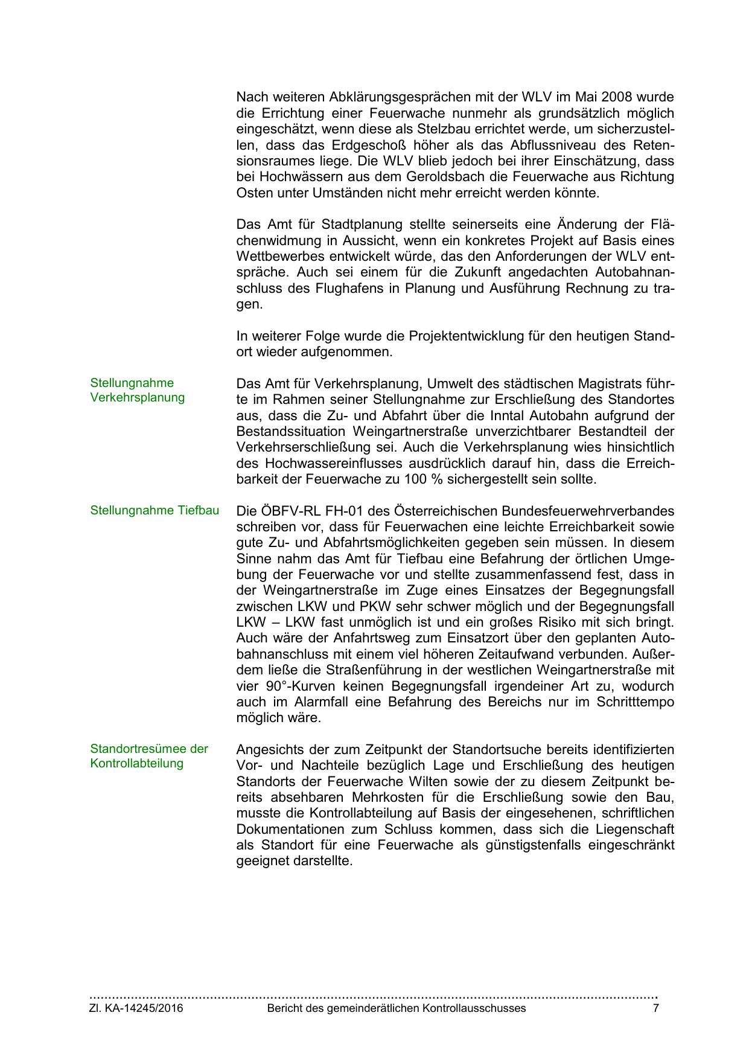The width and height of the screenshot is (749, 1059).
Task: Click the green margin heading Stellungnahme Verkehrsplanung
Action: pos(137,390)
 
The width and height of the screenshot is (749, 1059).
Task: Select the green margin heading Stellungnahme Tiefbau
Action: pos(155,510)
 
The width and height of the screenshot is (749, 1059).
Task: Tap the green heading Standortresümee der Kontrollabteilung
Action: pos(148,756)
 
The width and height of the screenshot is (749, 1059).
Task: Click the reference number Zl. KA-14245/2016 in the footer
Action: pos(136,1008)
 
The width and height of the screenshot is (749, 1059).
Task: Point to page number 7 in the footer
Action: pos(656,1008)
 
